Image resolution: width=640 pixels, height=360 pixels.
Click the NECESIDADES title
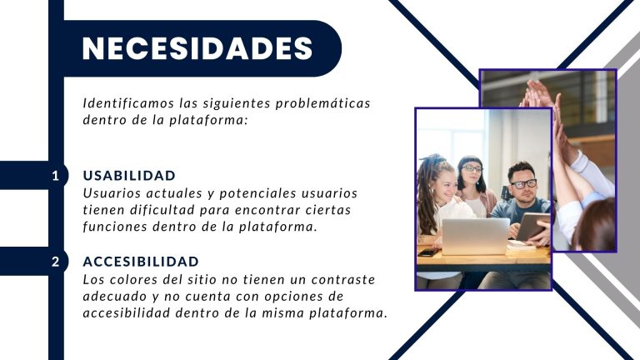tap(197, 48)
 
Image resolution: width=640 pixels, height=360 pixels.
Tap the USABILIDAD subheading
tap(129, 176)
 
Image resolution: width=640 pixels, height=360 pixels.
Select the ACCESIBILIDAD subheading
tap(141, 262)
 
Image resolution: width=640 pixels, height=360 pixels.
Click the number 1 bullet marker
tap(56, 176)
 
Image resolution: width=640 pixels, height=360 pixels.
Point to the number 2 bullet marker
tap(56, 262)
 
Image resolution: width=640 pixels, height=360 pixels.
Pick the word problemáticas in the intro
tap(322, 103)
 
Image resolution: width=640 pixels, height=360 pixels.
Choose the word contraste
tap(343, 280)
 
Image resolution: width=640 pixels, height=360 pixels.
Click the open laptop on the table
tap(476, 237)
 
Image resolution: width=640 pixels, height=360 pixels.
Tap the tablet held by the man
tap(532, 227)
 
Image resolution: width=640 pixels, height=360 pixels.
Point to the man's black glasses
tap(523, 183)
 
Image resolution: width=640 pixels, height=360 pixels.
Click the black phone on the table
tap(428, 252)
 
